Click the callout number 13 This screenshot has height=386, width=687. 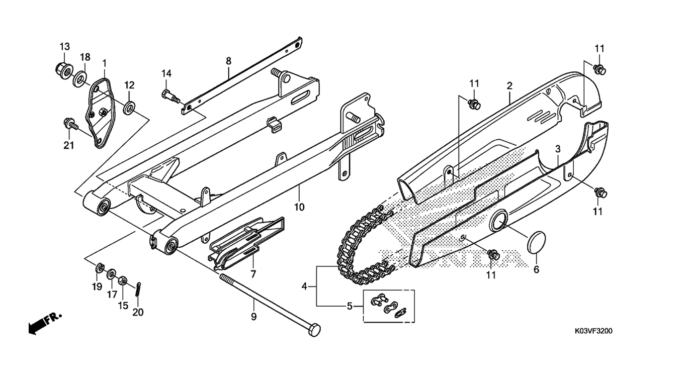click(x=65, y=47)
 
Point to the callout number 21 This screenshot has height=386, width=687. click(x=69, y=145)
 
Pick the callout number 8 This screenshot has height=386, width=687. click(x=228, y=61)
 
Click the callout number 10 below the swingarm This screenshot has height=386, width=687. click(x=299, y=207)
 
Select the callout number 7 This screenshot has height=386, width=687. click(x=253, y=274)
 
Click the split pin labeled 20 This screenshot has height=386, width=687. click(x=138, y=289)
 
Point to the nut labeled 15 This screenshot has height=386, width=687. click(x=122, y=280)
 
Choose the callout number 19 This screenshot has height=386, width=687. click(x=97, y=287)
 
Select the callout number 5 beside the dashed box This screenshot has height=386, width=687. click(x=350, y=306)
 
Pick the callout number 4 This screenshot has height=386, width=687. click(x=304, y=286)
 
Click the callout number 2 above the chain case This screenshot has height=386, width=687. click(x=509, y=86)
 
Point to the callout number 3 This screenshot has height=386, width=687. click(x=558, y=149)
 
